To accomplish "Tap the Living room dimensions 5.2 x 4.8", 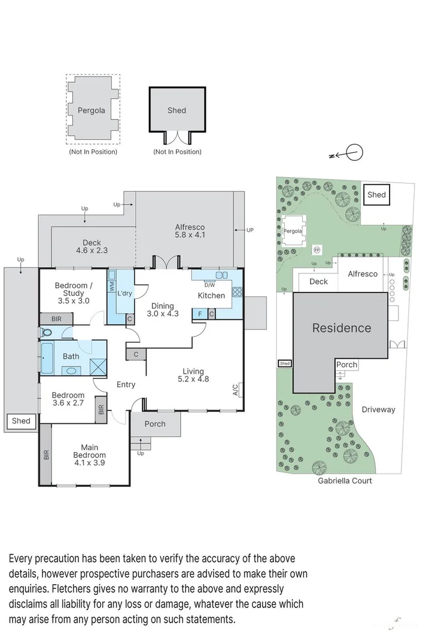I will pyautogui.click(x=193, y=378).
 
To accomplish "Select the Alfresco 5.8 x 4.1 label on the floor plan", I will pyautogui.click(x=190, y=231).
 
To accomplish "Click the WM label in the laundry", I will pyautogui.click(x=112, y=288).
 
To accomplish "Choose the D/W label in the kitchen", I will pyautogui.click(x=209, y=285).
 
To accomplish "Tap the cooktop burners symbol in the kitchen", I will pyautogui.click(x=237, y=292).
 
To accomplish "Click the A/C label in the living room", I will pyautogui.click(x=235, y=390).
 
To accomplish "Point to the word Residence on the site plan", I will pyautogui.click(x=341, y=328).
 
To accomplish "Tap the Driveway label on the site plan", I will pyautogui.click(x=378, y=410).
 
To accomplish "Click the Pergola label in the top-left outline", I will pyautogui.click(x=91, y=110).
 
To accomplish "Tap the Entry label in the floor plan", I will pyautogui.click(x=126, y=384).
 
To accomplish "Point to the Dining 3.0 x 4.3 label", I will pyautogui.click(x=163, y=309).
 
